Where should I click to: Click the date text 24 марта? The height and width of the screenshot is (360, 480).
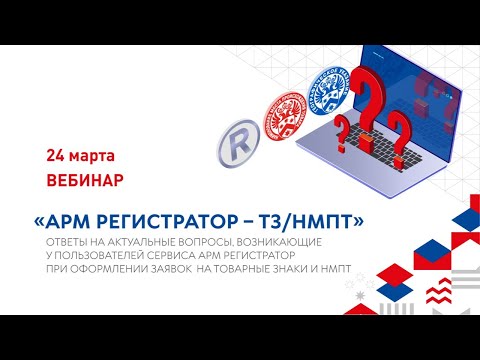coord(80,157)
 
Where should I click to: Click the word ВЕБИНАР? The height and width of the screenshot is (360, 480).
coord(85,183)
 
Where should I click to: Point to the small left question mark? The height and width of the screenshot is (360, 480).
coord(343,130)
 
